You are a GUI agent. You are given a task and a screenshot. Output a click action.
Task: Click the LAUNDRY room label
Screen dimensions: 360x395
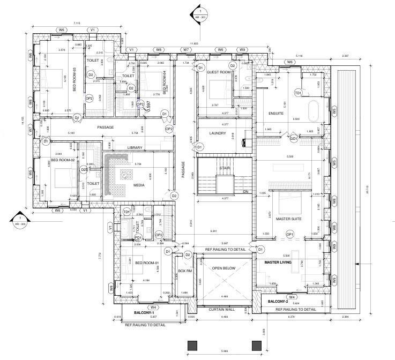tap(217, 133)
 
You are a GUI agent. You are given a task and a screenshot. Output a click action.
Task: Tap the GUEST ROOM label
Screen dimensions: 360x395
tap(218, 72)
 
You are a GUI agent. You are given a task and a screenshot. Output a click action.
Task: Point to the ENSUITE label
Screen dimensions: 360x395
tap(275, 114)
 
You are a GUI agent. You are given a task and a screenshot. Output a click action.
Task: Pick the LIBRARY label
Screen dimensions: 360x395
tap(135, 148)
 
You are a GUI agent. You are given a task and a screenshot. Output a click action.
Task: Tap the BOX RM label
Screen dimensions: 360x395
tap(184, 272)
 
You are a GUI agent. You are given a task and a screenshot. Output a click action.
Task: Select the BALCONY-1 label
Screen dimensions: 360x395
tap(144, 312)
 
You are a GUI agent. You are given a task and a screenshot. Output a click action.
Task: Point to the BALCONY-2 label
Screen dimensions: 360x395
tap(279, 302)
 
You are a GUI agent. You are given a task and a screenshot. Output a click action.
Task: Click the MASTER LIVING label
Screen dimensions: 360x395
tap(278, 262)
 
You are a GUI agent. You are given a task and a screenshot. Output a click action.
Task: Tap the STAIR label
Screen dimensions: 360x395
tap(224, 168)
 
